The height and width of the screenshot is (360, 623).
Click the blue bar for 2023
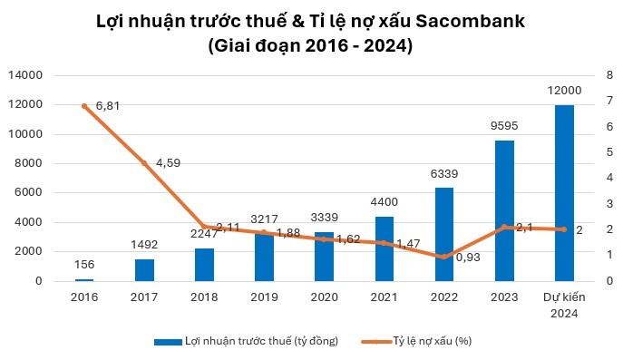pyautogui.click(x=504, y=210)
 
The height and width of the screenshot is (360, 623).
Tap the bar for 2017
pyautogui.click(x=145, y=269)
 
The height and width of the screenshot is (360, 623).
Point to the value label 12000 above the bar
pyautogui.click(x=564, y=91)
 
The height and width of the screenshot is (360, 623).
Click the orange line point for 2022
pyautogui.click(x=444, y=258)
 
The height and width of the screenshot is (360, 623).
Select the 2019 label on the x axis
pyautogui.click(x=265, y=297)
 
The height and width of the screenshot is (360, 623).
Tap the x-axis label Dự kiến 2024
pyautogui.click(x=564, y=305)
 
